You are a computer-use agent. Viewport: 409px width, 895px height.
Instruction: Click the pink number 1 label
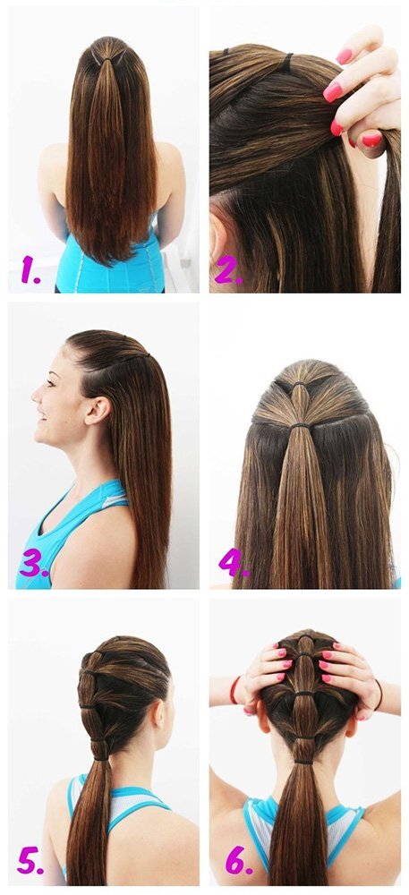(30, 270)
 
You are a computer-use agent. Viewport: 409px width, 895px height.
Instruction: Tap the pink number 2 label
(228, 271)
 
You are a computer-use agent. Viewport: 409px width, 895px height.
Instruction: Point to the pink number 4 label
(234, 563)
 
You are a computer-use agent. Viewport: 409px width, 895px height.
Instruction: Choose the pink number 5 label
(30, 861)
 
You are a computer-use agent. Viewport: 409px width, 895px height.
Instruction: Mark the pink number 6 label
(239, 860)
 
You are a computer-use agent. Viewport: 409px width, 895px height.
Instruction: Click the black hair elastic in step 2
(286, 62)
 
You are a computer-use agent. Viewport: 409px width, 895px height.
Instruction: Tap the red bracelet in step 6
(233, 690)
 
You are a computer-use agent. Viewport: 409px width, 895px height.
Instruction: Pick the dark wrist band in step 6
(379, 695)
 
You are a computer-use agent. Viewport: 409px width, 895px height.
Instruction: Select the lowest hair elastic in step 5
(101, 757)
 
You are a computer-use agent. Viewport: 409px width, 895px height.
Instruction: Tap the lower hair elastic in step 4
(299, 425)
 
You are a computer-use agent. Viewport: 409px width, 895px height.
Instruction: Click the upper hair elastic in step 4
(299, 384)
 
